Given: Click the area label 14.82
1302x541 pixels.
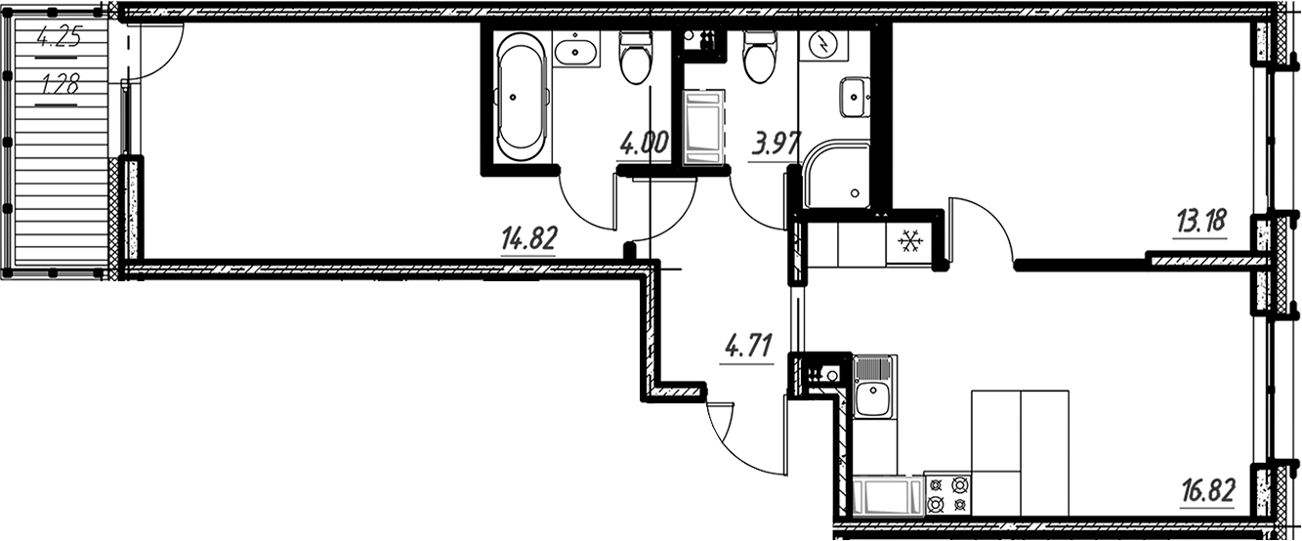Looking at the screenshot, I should [528, 238].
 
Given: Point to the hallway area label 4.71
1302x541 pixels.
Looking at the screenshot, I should [748, 346].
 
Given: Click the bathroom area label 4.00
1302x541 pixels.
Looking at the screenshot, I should [643, 145].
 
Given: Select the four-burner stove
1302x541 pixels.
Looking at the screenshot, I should [947, 494].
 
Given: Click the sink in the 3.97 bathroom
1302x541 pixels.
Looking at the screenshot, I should [855, 95].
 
